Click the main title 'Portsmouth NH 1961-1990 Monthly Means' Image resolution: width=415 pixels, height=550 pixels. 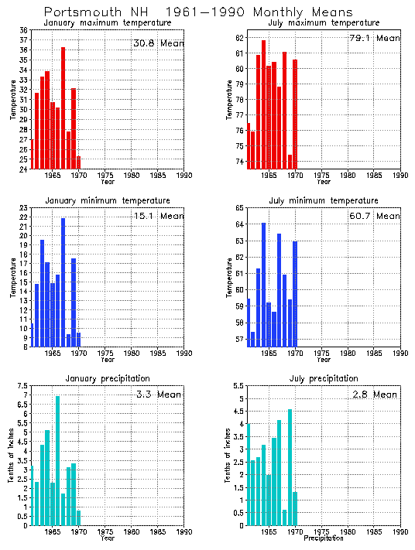pyautogui.click(x=197, y=12)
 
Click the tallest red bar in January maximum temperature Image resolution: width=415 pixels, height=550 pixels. pyautogui.click(x=63, y=108)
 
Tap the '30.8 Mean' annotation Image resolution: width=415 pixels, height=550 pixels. pyautogui.click(x=158, y=43)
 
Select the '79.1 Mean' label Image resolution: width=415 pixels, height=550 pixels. pyautogui.click(x=375, y=38)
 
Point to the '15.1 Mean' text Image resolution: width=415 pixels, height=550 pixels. pyautogui.click(x=158, y=216)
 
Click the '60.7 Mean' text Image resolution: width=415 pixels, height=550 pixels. pyautogui.click(x=375, y=216)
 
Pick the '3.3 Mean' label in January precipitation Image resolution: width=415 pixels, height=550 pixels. pyautogui.click(x=158, y=394)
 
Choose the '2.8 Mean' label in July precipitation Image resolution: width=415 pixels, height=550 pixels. pyautogui.click(x=375, y=394)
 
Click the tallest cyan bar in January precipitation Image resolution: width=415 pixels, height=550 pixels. pyautogui.click(x=57, y=460)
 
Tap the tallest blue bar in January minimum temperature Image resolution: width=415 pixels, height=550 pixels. pyautogui.click(x=63, y=282)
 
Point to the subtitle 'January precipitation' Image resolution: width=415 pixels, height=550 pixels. pyautogui.click(x=107, y=378)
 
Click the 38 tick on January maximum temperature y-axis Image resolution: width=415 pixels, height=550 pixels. pyautogui.click(x=24, y=30)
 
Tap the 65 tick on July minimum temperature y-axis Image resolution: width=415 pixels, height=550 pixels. pyautogui.click(x=241, y=208)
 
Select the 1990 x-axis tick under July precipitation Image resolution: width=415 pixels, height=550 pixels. pyautogui.click(x=400, y=532)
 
